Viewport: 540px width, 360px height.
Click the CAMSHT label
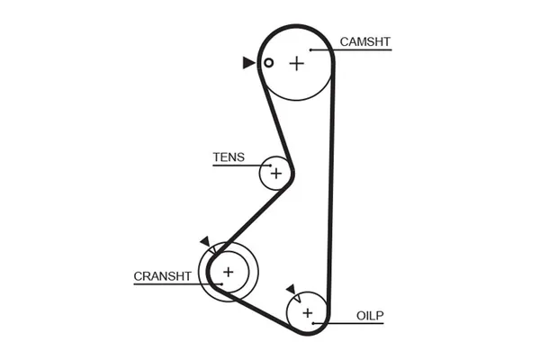364,41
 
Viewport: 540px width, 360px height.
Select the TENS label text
229,157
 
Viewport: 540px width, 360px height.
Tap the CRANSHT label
162,276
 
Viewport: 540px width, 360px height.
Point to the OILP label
370,316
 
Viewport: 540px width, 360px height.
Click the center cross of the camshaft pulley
296,64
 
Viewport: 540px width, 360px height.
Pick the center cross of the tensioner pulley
276,174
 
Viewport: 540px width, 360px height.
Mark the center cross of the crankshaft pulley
229,272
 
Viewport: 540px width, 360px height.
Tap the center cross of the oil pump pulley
307,313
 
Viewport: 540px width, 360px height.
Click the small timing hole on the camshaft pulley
268,63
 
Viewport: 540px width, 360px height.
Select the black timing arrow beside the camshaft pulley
248,63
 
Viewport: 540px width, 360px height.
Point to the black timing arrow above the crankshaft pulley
205,241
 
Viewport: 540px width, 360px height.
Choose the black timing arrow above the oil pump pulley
292,289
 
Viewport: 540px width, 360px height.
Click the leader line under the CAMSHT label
351,50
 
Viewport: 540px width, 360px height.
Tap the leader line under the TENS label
242,166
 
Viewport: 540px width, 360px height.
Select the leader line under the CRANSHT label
178,284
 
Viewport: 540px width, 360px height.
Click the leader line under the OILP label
348,323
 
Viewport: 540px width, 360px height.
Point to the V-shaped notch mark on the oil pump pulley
298,298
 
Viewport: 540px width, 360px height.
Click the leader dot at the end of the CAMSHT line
310,50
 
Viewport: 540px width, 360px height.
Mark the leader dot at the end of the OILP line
313,323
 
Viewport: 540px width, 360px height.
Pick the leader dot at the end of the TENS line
270,166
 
